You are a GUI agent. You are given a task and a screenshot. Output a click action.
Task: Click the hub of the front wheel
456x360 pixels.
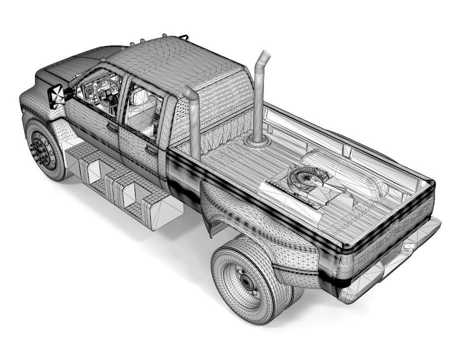pyautogui.click(x=40, y=150)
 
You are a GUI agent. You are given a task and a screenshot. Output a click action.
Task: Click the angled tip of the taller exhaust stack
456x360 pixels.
pyautogui.click(x=263, y=57)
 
